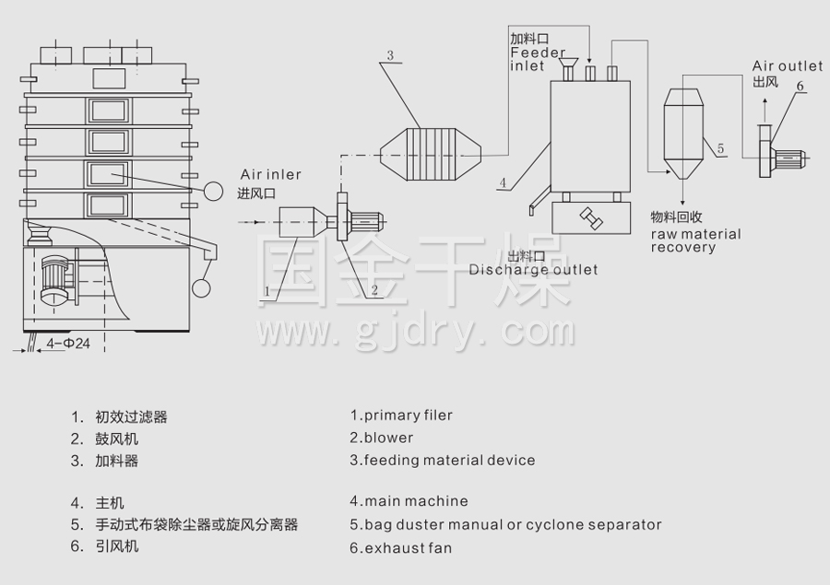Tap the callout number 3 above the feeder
pos(390,56)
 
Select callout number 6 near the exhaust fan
pos(800,86)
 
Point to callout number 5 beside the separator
pos(720,147)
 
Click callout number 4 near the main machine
pos(503,182)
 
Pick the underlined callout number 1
pos(267,291)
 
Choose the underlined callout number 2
pos(374,290)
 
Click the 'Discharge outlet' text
pos(532,270)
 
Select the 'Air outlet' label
pos(788,66)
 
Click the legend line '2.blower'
pos(381,438)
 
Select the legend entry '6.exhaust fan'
pos(400,548)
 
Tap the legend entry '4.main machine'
pos(409,502)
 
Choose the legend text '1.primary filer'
pos(401,415)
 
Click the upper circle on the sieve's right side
pos(213,191)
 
